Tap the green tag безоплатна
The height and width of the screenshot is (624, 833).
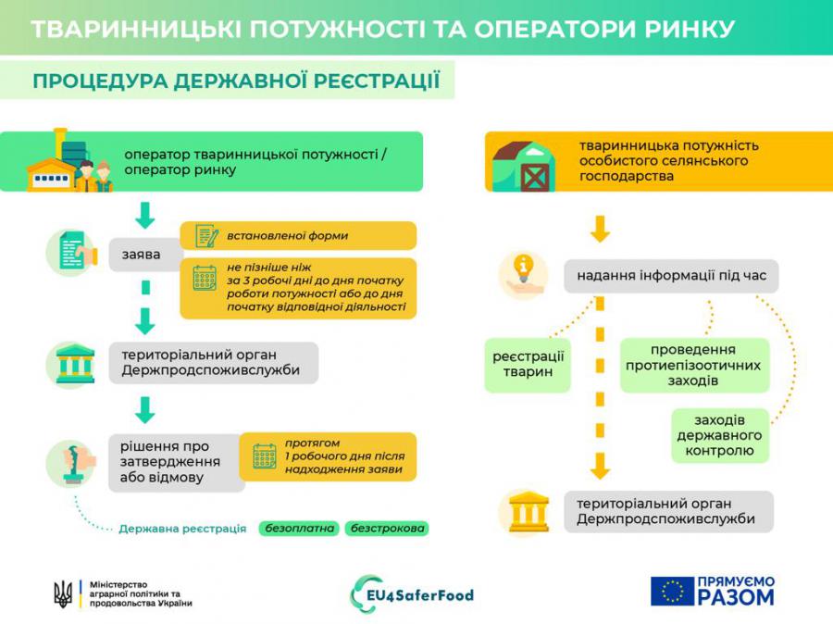click(299, 529)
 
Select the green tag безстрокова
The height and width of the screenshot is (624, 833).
click(387, 529)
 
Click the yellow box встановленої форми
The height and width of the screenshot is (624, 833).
click(298, 235)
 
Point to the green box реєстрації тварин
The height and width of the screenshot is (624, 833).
click(528, 365)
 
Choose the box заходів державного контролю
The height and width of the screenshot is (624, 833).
click(719, 435)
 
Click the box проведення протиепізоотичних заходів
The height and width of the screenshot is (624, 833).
click(694, 365)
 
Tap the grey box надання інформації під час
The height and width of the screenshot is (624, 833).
click(671, 276)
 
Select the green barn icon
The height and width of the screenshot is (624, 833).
click(523, 167)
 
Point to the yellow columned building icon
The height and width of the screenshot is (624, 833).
click(528, 512)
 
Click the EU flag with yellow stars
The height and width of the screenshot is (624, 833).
click(672, 591)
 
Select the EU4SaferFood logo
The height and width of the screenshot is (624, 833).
click(412, 594)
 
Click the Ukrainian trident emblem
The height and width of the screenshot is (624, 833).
click(63, 593)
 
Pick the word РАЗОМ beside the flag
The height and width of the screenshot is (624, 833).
click(736, 597)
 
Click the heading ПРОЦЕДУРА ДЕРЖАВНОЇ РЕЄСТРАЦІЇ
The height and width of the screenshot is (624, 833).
click(236, 81)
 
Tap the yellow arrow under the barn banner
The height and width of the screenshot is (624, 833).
click(600, 229)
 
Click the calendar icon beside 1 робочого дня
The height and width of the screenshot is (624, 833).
click(264, 456)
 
